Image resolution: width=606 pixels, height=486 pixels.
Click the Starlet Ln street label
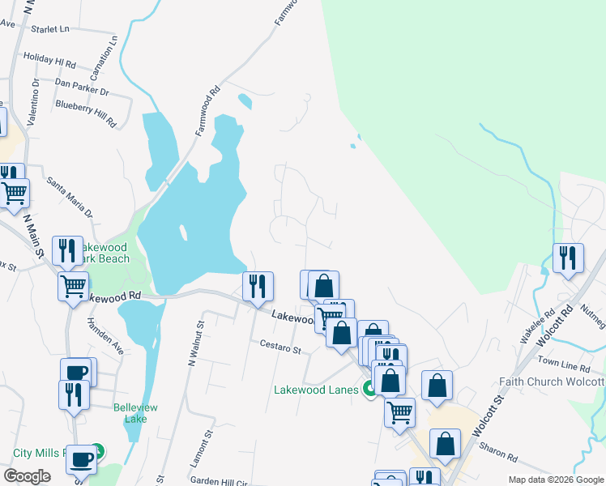point(50,29)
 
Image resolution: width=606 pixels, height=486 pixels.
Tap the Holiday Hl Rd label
point(49,60)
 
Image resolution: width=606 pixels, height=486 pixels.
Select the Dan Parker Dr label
point(82,83)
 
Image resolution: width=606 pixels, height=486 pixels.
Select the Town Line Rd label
point(559,361)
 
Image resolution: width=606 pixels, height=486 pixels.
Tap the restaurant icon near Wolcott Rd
point(569,259)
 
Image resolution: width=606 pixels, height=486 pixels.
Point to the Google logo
point(27,476)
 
